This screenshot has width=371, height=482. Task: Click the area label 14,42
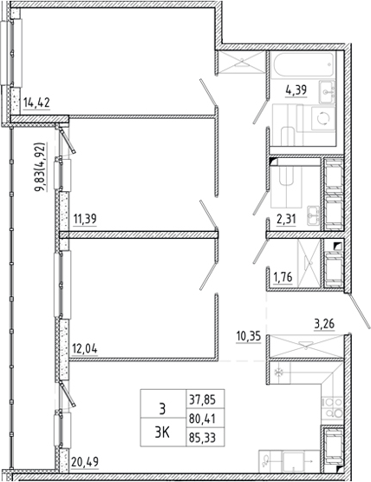click(x=36, y=102)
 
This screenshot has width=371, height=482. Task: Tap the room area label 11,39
click(x=85, y=219)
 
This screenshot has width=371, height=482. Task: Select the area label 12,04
click(x=85, y=349)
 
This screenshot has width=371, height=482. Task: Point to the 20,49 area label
click(x=85, y=461)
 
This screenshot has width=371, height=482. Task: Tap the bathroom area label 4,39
click(x=296, y=90)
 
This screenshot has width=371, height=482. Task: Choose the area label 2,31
click(x=286, y=220)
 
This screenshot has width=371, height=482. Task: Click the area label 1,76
click(x=283, y=277)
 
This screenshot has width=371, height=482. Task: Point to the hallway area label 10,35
click(x=249, y=336)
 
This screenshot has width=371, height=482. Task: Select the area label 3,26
click(x=324, y=324)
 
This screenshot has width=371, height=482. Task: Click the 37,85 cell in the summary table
click(x=202, y=399)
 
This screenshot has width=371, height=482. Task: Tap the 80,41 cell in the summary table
click(x=202, y=419)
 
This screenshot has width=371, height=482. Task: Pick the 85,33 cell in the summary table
click(x=202, y=438)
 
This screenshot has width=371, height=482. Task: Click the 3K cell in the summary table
click(x=163, y=432)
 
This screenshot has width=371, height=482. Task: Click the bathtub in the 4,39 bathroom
click(x=303, y=65)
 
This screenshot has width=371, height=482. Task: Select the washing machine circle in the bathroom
click(x=323, y=118)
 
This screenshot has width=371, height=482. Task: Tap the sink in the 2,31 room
click(x=314, y=215)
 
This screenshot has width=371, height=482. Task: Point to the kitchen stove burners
click(x=332, y=407)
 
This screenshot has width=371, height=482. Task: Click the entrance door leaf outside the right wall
click(x=358, y=311)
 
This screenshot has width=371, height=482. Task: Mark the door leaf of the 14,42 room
click(x=208, y=93)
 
